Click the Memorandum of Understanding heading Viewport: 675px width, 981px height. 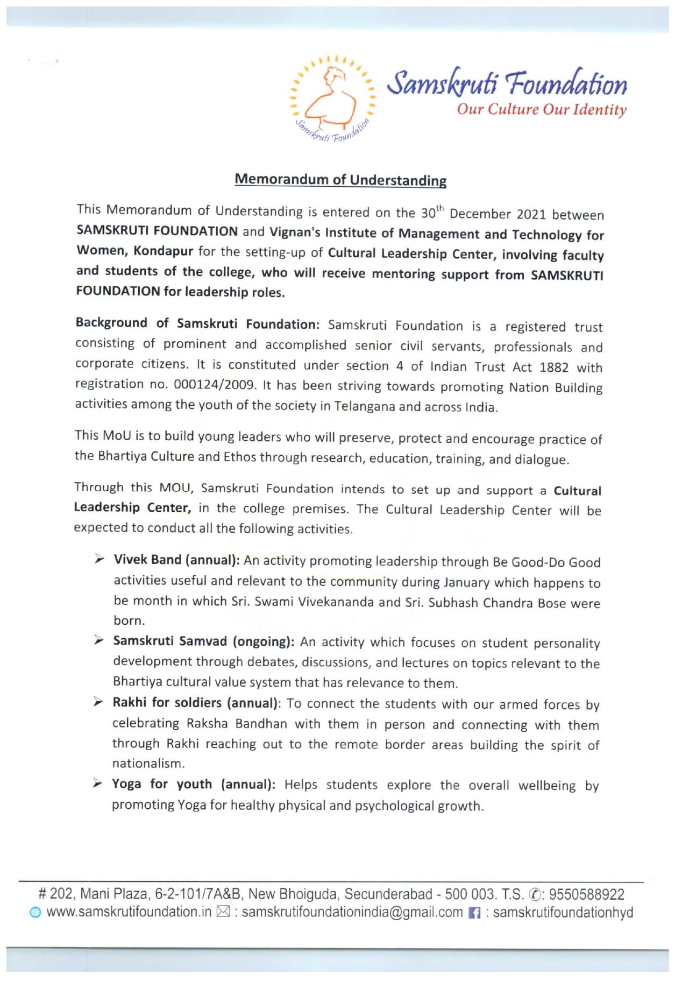tap(340, 179)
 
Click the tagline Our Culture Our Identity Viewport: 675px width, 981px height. tap(541, 109)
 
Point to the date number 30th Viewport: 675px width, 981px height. tap(432, 212)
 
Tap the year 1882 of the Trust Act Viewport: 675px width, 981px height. tap(553, 368)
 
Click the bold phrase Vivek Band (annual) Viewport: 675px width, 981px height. tap(176, 560)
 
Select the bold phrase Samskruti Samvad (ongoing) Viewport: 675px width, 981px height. tap(203, 641)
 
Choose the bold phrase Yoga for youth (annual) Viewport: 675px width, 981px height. tap(193, 784)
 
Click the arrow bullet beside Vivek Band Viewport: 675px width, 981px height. tap(99, 560)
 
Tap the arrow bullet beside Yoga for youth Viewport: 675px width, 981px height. tap(97, 784)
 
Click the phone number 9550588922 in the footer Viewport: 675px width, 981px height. tap(586, 894)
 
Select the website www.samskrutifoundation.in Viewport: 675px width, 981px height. tap(129, 912)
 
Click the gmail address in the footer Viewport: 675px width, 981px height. tap(352, 912)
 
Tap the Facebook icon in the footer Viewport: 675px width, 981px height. tap(474, 913)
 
